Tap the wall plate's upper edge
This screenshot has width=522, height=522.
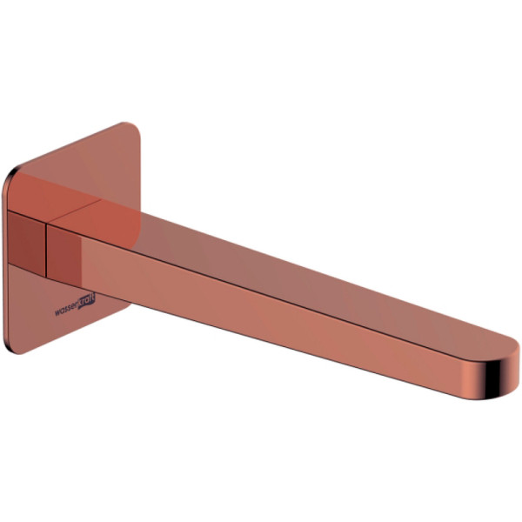point(70,144)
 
